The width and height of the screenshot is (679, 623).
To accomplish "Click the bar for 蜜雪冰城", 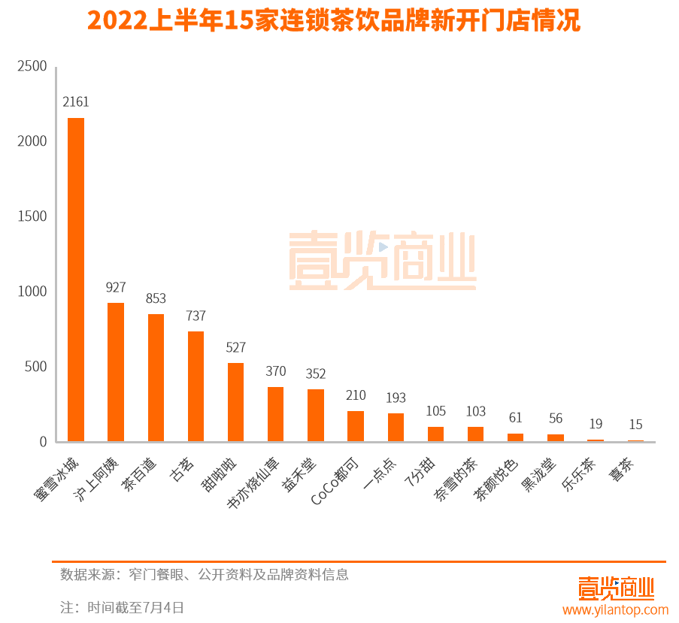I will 76,280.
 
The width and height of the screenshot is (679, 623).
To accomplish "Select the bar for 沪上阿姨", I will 116,372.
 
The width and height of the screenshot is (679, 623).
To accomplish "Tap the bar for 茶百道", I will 156,377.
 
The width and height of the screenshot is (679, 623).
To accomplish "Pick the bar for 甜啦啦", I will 235,402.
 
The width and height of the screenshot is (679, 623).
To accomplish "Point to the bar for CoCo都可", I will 355,426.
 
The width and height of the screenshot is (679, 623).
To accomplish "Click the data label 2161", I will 76,101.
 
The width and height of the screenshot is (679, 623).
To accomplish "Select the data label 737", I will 196,316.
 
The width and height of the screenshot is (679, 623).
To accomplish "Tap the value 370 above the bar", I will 275,371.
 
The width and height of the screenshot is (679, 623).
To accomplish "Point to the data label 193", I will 396,398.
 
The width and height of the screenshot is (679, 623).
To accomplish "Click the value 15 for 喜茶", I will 635,425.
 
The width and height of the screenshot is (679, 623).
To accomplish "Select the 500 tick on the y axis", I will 35,367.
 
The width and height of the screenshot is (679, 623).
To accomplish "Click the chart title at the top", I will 334,20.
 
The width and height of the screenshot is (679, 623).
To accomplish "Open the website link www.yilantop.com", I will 615,609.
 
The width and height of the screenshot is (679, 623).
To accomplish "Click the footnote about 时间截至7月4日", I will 122,607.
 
